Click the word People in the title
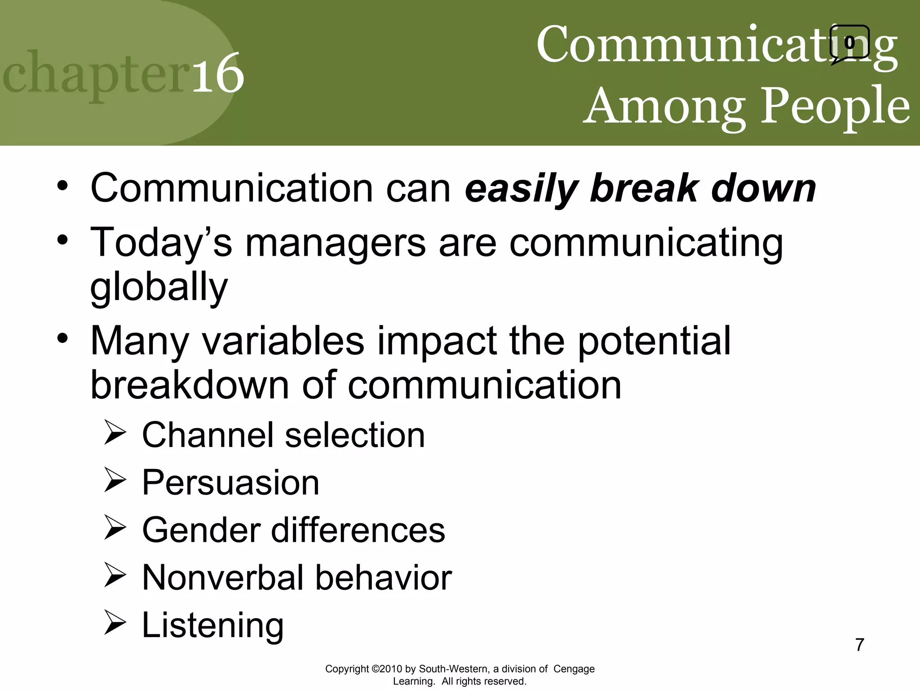pyautogui.click(x=835, y=106)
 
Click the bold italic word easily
pyautogui.click(x=521, y=189)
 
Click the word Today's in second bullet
pyautogui.click(x=161, y=243)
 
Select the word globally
pyautogui.click(x=159, y=287)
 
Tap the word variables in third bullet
pyautogui.click(x=283, y=341)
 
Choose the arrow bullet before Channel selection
pyautogui.click(x=115, y=433)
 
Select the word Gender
pyautogui.click(x=201, y=531)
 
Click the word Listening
pyautogui.click(x=212, y=626)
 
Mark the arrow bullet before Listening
pyautogui.click(x=115, y=623)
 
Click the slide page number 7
pyautogui.click(x=859, y=645)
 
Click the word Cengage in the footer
pyautogui.click(x=574, y=669)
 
